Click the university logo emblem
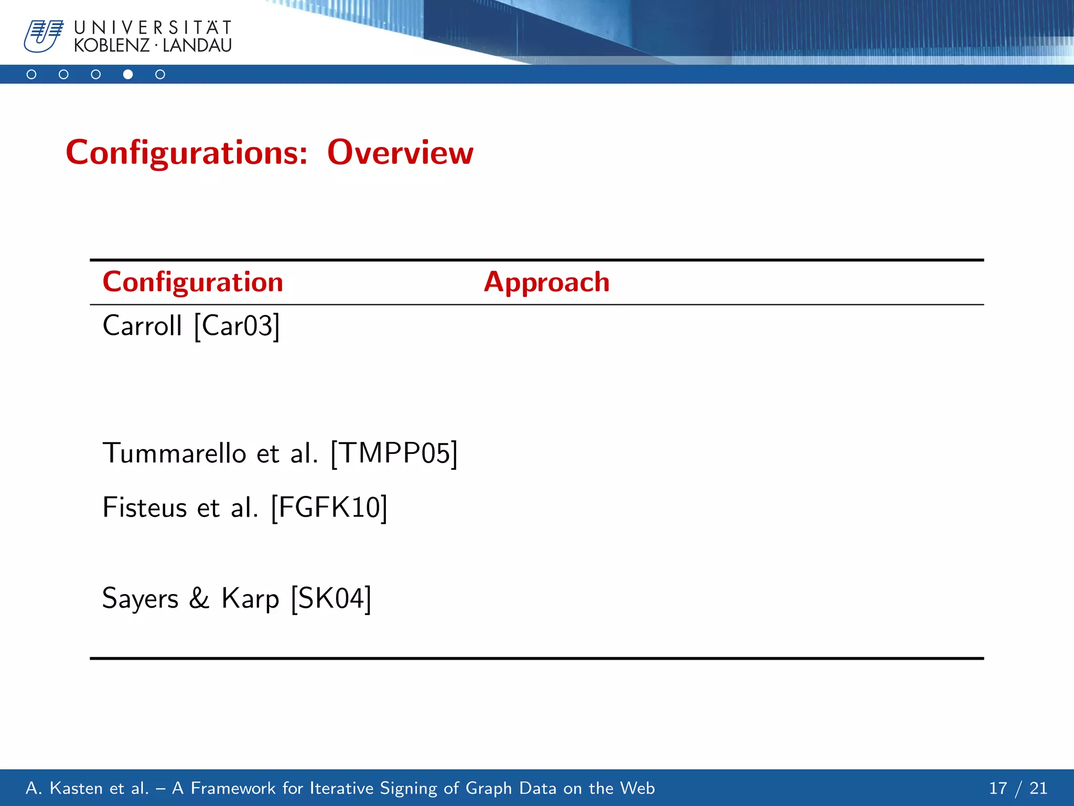[x=44, y=36]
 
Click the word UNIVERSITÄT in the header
[x=153, y=28]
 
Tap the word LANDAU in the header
[x=197, y=46]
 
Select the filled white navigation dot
[x=128, y=75]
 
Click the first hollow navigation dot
[x=31, y=75]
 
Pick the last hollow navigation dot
[x=160, y=75]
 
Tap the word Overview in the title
[x=400, y=153]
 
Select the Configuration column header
[x=192, y=282]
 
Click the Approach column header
[x=546, y=282]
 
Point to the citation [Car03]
[x=237, y=326]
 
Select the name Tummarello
[x=174, y=453]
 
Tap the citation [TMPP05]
[x=394, y=453]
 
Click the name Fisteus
[x=145, y=507]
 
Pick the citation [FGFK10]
[x=329, y=507]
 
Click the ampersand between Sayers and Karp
[x=199, y=598]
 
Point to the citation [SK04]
[x=331, y=598]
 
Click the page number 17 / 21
[x=1017, y=788]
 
